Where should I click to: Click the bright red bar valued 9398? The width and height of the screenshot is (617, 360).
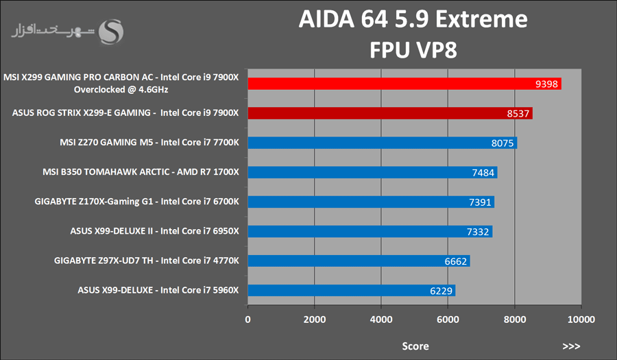click(404, 84)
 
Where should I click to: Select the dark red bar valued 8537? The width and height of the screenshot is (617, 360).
click(389, 113)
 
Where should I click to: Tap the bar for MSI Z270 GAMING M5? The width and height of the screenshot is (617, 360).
click(382, 143)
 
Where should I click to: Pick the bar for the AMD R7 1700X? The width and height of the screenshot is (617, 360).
click(372, 172)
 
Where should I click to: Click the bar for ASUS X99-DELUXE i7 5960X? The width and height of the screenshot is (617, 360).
click(351, 290)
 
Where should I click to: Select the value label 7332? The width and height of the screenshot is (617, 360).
click(478, 232)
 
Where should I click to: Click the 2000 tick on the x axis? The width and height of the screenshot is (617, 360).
click(314, 320)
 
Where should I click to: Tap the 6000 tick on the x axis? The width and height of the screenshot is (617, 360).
click(448, 320)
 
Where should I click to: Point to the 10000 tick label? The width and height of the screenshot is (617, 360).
click(581, 320)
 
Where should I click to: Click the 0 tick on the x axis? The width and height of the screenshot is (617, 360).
click(248, 320)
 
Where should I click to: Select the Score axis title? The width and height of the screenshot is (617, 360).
click(415, 346)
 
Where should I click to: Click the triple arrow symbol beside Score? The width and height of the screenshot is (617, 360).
click(571, 346)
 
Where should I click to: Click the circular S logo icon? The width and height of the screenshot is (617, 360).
click(112, 32)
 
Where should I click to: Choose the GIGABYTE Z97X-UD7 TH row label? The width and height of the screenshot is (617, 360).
click(147, 261)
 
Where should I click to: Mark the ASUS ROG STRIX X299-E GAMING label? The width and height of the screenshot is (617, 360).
click(125, 113)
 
